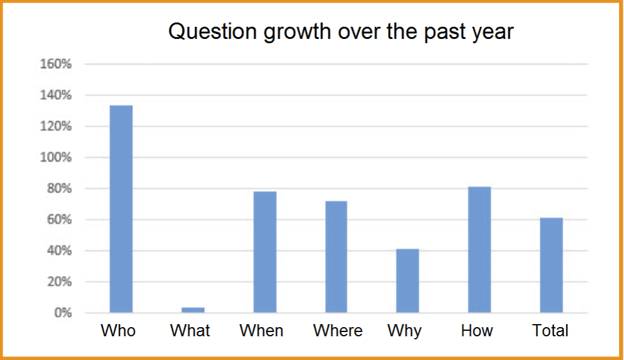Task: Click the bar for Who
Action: click(121, 209)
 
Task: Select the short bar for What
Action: click(193, 310)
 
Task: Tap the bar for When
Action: click(264, 252)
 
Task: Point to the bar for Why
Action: click(408, 281)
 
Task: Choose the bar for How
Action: click(479, 250)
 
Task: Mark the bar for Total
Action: click(551, 265)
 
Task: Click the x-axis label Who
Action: click(118, 331)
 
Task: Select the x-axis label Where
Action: click(338, 331)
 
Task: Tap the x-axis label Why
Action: click(405, 331)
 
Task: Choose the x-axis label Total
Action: click(550, 331)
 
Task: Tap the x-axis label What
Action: click(190, 331)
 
